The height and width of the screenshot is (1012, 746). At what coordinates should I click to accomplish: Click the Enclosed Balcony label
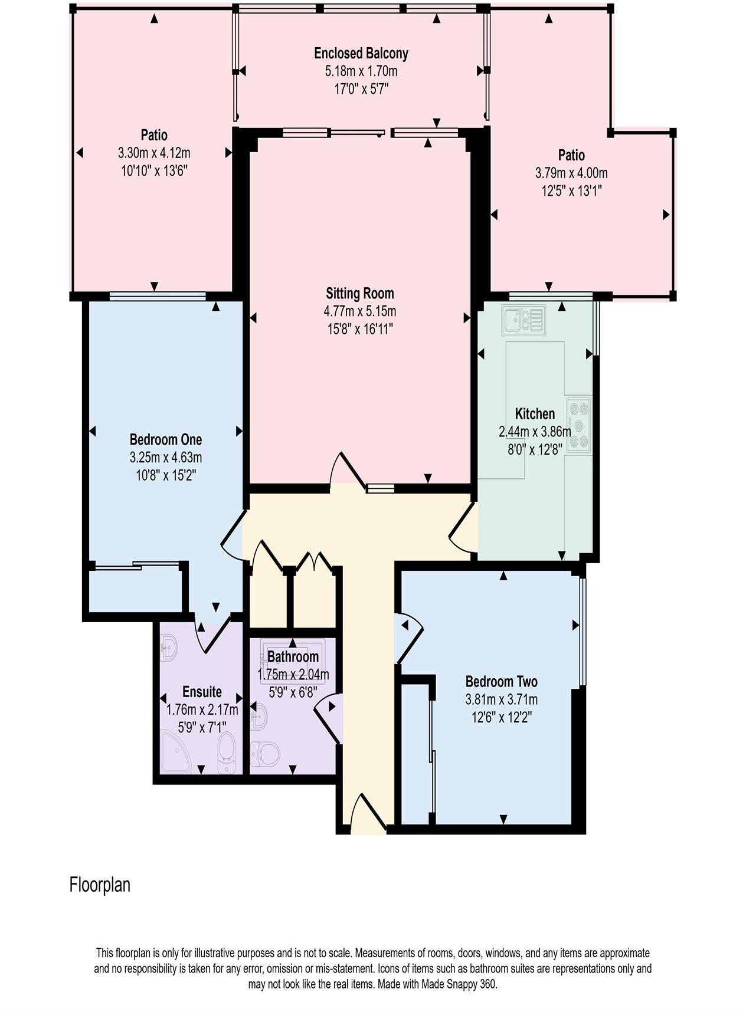(361, 54)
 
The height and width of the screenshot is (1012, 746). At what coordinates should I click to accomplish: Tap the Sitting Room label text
(360, 293)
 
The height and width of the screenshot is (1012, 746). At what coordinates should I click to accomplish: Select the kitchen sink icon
(523, 320)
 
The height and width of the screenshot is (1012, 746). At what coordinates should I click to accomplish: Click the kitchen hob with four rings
(578, 424)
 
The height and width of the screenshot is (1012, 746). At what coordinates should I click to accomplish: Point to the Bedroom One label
(165, 439)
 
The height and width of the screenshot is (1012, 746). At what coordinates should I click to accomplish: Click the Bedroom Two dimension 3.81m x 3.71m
(502, 700)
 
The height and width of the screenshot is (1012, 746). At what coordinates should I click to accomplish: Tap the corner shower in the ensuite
(175, 753)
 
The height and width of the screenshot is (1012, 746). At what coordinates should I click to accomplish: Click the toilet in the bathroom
(266, 754)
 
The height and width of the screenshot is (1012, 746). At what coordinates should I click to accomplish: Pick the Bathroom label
(293, 656)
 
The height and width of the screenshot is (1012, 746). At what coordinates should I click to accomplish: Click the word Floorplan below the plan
(100, 885)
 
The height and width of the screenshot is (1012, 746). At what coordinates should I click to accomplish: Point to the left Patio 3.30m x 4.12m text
(154, 153)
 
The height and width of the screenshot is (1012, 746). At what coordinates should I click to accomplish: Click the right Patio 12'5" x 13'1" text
(571, 191)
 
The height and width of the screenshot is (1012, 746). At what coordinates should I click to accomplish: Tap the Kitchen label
(535, 413)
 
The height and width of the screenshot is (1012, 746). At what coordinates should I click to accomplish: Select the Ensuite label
(202, 692)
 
